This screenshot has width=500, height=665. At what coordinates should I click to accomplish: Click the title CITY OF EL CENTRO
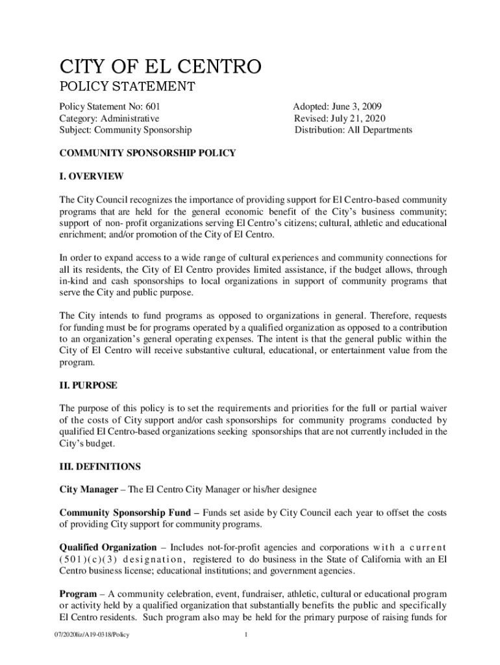(x=160, y=66)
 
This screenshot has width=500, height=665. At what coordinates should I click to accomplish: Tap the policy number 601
(x=153, y=106)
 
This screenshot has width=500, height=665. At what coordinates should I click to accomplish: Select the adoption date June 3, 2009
(x=362, y=106)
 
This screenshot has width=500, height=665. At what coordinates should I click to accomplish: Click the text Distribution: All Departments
(x=353, y=130)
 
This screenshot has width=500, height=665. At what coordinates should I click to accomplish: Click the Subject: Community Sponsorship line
(x=125, y=130)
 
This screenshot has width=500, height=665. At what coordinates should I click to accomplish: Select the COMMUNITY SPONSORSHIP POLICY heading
(x=147, y=153)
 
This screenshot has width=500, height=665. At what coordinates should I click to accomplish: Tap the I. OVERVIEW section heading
(x=92, y=177)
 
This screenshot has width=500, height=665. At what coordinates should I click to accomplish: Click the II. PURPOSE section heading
(x=88, y=385)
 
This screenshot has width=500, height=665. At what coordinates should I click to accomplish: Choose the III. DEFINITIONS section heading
(x=99, y=466)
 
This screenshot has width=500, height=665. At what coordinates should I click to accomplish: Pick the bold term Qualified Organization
(x=108, y=547)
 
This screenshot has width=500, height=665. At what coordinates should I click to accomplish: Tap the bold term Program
(x=79, y=594)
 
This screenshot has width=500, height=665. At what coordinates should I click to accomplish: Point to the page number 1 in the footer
(x=246, y=634)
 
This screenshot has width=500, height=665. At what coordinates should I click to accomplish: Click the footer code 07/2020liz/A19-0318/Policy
(x=94, y=634)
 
